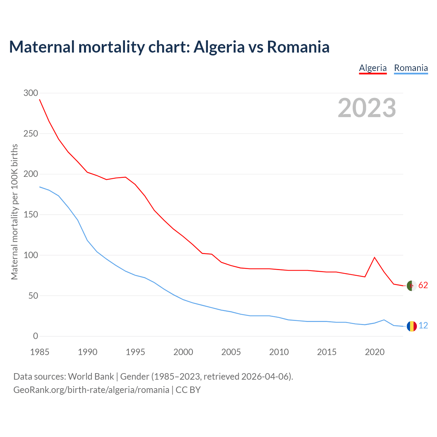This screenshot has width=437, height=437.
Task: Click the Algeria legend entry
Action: [x=372, y=68]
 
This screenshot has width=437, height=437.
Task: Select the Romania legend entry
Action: [x=411, y=68]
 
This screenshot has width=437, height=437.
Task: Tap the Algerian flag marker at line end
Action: [x=412, y=285]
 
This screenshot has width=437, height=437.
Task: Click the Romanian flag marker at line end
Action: [x=412, y=326]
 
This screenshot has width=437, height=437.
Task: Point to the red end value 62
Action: [x=423, y=285]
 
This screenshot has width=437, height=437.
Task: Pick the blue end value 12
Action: [x=423, y=326]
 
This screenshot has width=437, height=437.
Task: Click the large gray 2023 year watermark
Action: [x=367, y=108]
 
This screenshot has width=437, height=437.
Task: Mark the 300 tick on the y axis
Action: [x=31, y=93]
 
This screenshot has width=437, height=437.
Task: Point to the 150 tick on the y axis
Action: [x=31, y=215]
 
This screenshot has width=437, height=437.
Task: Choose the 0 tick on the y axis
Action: [x=36, y=336]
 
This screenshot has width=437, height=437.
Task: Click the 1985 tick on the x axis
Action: [x=40, y=352]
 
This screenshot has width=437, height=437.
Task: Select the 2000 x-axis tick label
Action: [x=183, y=352]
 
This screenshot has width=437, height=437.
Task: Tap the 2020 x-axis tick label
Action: [x=375, y=352]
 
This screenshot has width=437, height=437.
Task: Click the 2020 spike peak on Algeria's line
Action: [x=375, y=257]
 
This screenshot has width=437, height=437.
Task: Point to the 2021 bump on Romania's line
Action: [x=384, y=320]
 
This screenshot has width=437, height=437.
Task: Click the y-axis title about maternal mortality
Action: [x=14, y=212]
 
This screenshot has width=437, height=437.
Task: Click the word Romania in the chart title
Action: [x=298, y=47]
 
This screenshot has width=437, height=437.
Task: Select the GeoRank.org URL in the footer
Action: [x=91, y=390]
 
